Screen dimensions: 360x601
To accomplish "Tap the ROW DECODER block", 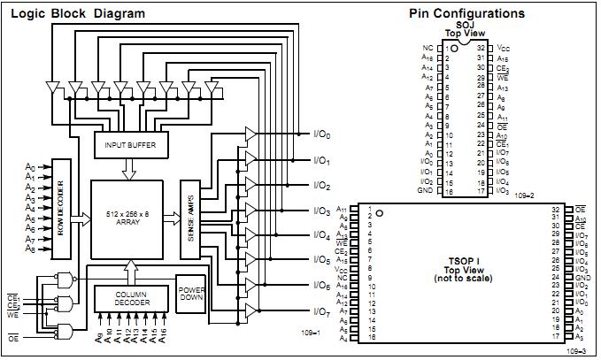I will point(61,209).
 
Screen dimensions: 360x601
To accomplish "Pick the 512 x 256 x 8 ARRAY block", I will point(127,218).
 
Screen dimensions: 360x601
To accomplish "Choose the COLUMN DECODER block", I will point(131,299).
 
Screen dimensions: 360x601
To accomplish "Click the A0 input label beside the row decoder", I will point(30,167).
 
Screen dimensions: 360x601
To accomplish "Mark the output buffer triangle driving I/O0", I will point(250,134).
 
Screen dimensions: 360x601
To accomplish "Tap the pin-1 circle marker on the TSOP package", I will point(379,213).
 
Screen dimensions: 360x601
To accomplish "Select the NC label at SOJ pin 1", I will point(428,48).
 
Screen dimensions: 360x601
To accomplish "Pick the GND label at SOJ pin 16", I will point(426,191).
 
